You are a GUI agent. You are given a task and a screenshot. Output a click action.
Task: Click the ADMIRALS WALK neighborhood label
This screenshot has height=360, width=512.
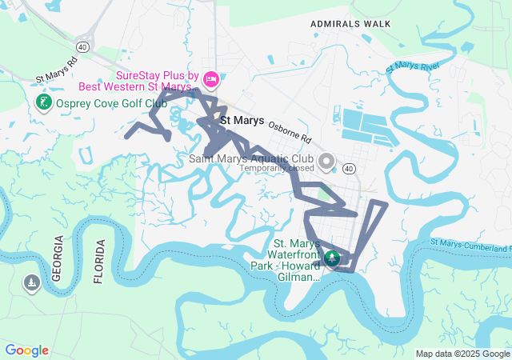pos(350,24)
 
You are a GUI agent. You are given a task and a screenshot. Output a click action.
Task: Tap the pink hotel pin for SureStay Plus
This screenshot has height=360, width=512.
pos(211,78)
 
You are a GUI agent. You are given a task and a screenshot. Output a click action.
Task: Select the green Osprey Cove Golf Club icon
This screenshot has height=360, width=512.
pos(43,102)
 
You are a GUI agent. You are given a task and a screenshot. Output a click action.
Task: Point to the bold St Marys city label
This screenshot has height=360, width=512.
pos(242,121)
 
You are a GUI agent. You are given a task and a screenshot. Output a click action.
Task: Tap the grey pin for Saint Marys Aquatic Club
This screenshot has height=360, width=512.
pos(326,162)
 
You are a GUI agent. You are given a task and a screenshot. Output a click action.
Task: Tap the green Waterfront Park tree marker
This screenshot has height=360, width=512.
pos(331,259)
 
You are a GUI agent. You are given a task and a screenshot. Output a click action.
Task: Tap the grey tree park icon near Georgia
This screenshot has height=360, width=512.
pos(31,283)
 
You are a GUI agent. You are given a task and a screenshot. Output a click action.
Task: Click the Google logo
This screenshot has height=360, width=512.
pos(26,350)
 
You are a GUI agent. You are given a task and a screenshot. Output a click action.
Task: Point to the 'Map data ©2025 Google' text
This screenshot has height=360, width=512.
pos(462,354)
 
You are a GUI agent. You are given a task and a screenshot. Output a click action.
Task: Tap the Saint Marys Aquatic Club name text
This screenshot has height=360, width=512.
pos(251,158)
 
